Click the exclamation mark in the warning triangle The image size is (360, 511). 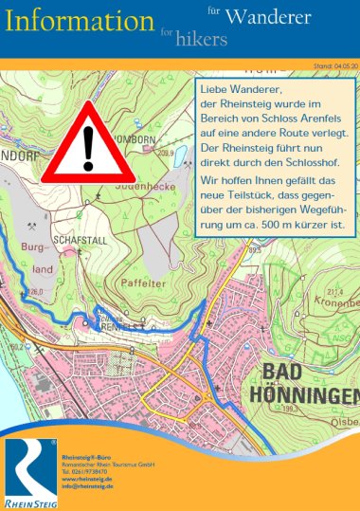point(89,147)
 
